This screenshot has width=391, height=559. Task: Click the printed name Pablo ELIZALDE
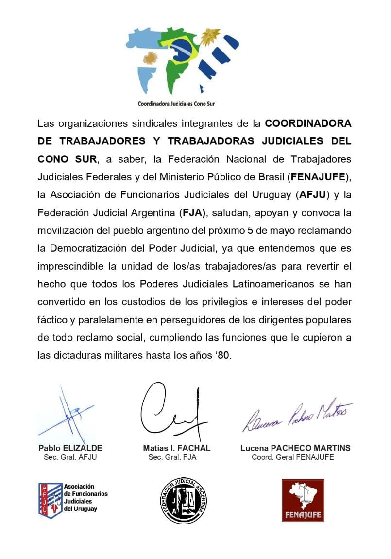(x=70, y=448)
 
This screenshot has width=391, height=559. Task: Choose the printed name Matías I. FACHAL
(x=177, y=448)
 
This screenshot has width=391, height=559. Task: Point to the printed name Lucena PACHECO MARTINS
(x=295, y=448)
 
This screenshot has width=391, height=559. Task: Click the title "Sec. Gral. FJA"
(x=172, y=457)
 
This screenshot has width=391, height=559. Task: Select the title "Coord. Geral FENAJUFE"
(x=293, y=457)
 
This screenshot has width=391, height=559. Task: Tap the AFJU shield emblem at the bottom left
(x=51, y=500)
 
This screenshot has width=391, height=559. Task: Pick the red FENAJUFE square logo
(x=303, y=500)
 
